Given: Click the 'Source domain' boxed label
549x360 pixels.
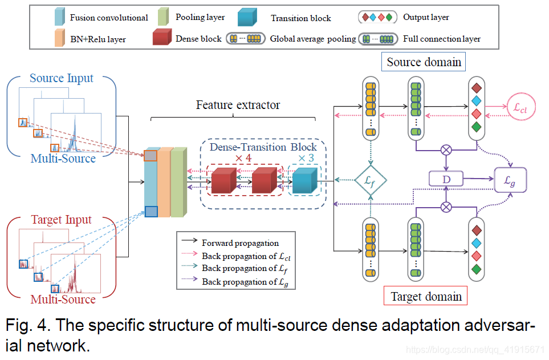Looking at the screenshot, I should pyautogui.click(x=424, y=62).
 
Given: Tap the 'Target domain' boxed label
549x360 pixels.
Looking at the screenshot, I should pyautogui.click(x=425, y=297).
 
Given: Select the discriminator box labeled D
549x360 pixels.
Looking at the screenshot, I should pyautogui.click(x=445, y=180).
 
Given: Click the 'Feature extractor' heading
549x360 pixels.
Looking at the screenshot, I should pyautogui.click(x=238, y=105).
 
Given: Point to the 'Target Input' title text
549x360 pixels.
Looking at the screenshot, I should pyautogui.click(x=61, y=220).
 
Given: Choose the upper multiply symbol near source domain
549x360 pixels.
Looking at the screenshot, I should pyautogui.click(x=447, y=150).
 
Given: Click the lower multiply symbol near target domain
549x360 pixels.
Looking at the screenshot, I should pyautogui.click(x=446, y=207).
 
